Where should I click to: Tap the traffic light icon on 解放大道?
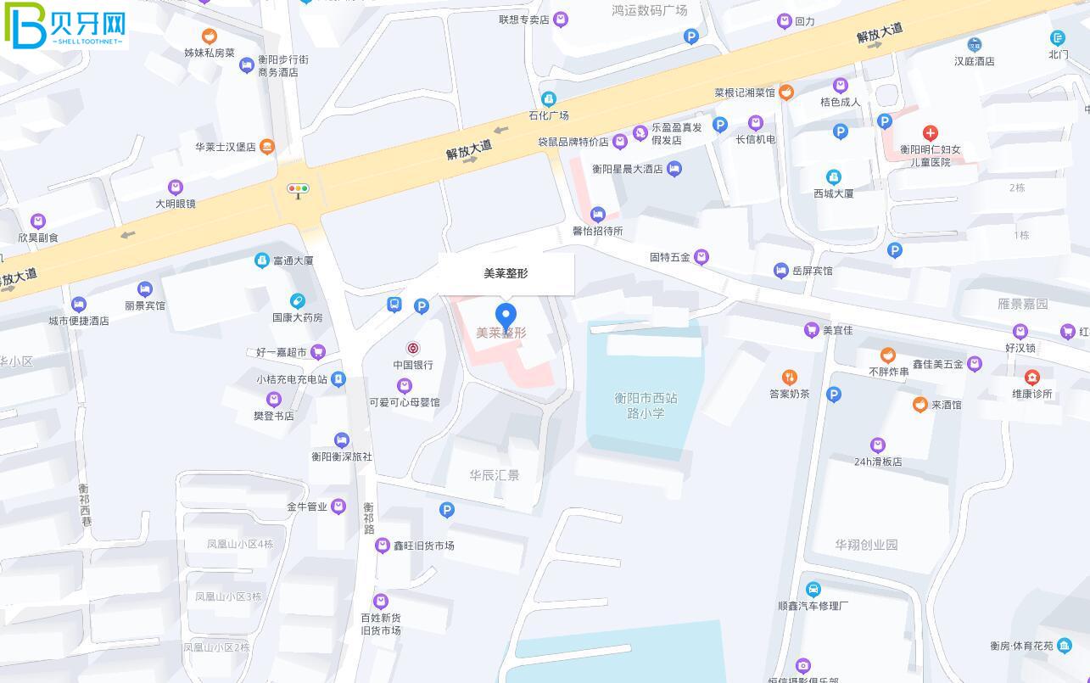(x=298, y=189)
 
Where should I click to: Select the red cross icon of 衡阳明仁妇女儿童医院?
(x=930, y=133)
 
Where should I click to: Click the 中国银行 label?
(x=413, y=365)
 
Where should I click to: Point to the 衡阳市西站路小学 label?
(x=646, y=406)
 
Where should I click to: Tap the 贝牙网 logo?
(x=65, y=25)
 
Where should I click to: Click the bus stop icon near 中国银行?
(x=394, y=305)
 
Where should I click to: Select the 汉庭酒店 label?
(x=974, y=61)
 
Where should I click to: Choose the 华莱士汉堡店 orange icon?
(x=267, y=147)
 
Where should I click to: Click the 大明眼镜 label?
(x=176, y=204)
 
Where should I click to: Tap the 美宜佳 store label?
(x=837, y=330)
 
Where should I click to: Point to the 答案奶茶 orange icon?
(x=789, y=378)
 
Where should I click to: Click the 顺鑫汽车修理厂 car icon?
(x=813, y=590)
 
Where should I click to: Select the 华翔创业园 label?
(x=866, y=545)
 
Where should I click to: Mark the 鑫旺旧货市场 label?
(x=423, y=546)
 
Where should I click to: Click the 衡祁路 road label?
(x=369, y=518)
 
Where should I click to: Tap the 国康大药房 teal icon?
(x=297, y=301)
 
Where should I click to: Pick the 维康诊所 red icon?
(x=1032, y=378)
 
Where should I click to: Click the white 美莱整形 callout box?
(x=506, y=273)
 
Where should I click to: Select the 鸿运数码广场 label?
(x=649, y=10)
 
